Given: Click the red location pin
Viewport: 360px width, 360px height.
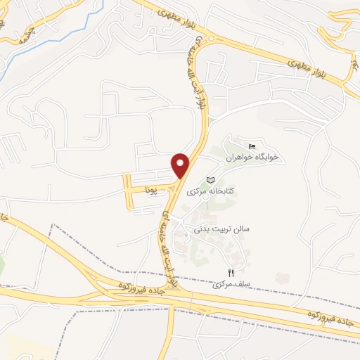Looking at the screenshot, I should [x=182, y=165].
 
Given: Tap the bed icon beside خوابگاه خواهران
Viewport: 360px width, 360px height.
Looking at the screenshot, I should [x=252, y=146].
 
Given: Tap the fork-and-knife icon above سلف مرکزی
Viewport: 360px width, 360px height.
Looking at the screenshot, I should [x=230, y=273].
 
